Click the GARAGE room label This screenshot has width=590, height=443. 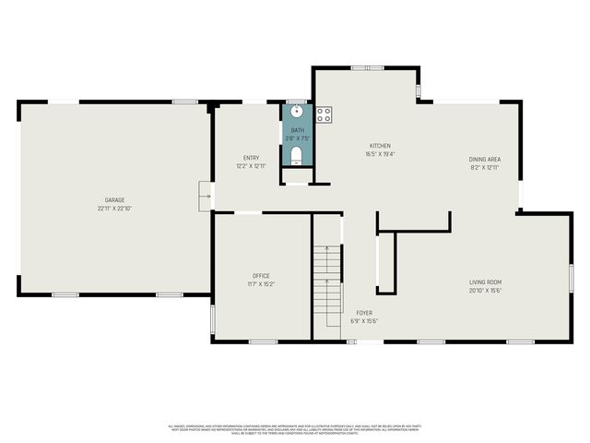[x=114, y=200]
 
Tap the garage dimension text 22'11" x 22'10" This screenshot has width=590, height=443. [x=114, y=209]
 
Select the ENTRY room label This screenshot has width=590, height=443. [x=251, y=158]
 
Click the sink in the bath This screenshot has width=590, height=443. [x=297, y=113]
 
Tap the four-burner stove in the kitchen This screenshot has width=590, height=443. [x=324, y=115]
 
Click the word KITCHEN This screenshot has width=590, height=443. [x=381, y=146]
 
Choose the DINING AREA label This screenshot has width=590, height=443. [x=484, y=159]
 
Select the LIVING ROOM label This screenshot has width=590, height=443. [x=485, y=281]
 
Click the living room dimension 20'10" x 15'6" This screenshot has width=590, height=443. [x=485, y=290]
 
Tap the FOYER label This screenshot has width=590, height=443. [x=364, y=313]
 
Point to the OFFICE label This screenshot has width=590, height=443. [x=261, y=275]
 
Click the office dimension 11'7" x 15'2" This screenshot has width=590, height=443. [x=261, y=283]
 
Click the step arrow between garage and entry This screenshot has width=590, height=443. [x=206, y=196]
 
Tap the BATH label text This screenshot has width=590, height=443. [x=297, y=130]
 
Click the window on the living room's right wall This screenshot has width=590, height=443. [x=571, y=277]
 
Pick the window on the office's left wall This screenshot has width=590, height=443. [x=213, y=318]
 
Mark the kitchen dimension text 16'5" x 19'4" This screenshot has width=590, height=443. [x=381, y=154]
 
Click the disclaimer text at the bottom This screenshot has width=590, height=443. [x=295, y=429]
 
